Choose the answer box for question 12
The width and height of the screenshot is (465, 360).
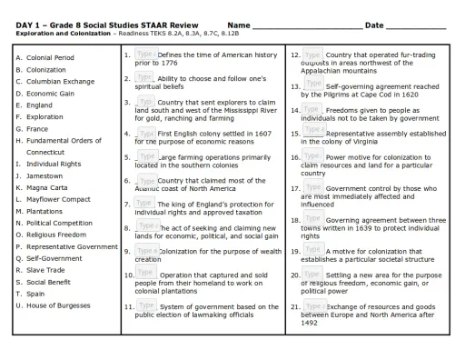click(x=312, y=56)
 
